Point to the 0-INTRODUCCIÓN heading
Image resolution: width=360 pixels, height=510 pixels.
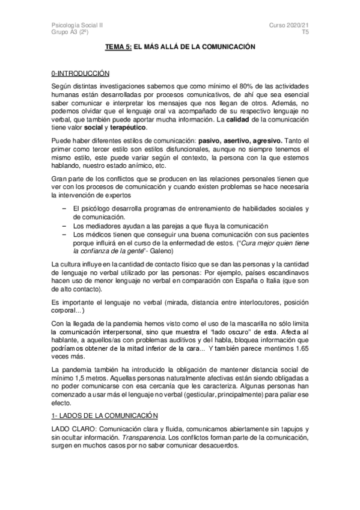pos(81,73)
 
